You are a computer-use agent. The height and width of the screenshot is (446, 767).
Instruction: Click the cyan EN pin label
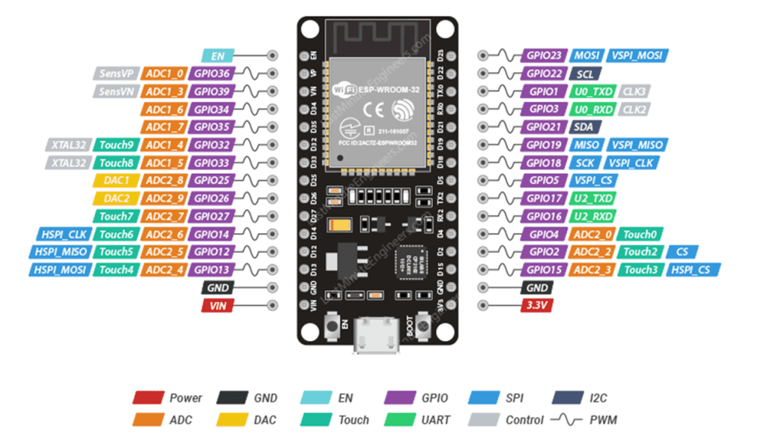[219, 55]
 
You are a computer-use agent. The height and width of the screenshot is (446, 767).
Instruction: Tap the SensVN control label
[115, 91]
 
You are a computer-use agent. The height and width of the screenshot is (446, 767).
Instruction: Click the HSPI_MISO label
[61, 252]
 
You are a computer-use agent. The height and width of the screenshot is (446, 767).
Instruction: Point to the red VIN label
[217, 305]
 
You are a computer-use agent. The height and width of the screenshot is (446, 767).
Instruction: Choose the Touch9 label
[115, 145]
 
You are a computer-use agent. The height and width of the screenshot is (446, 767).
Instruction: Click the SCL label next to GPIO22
[584, 73]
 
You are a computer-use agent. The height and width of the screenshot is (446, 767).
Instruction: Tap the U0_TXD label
[592, 91]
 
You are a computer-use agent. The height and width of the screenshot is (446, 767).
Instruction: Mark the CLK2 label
[634, 109]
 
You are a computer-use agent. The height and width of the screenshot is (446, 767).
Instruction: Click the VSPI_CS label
[595, 181]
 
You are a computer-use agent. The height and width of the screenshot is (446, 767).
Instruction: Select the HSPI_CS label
[694, 270]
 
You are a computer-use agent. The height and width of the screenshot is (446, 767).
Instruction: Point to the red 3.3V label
[537, 305]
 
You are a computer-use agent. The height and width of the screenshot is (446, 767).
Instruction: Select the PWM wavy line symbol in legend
[566, 420]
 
